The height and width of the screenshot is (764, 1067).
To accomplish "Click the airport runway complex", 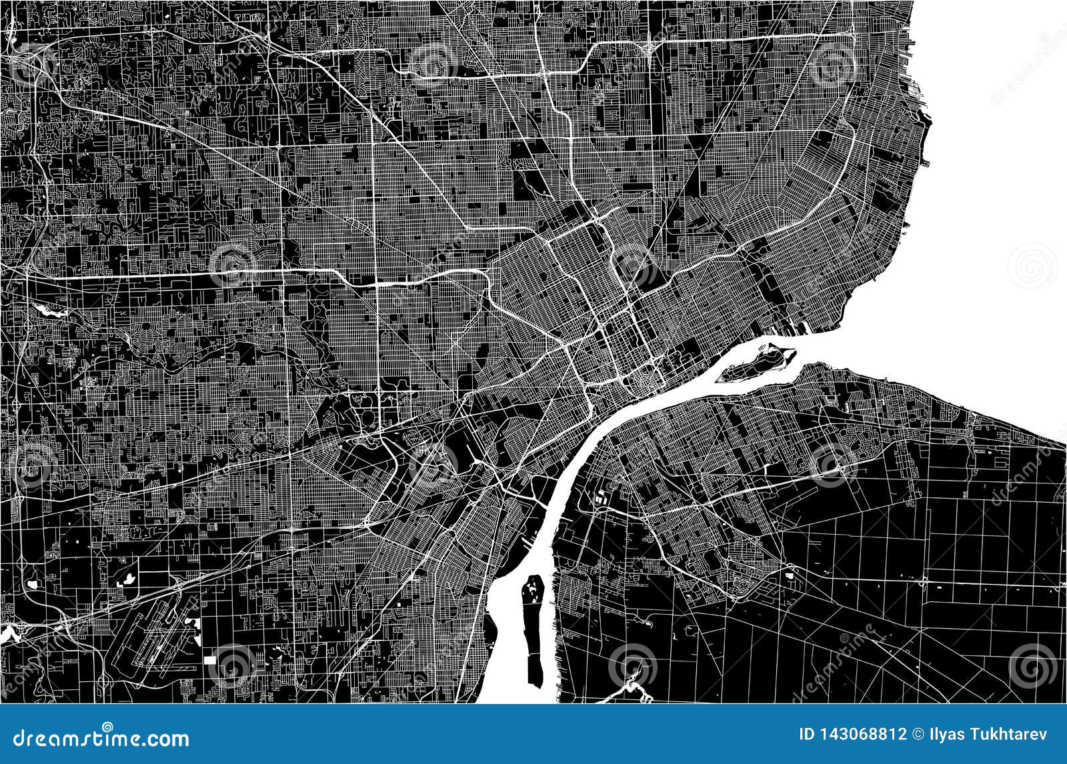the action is (153, 633).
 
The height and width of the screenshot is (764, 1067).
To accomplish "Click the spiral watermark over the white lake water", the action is (1032, 265).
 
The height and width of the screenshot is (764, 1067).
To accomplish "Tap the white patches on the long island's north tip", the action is (533, 587).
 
